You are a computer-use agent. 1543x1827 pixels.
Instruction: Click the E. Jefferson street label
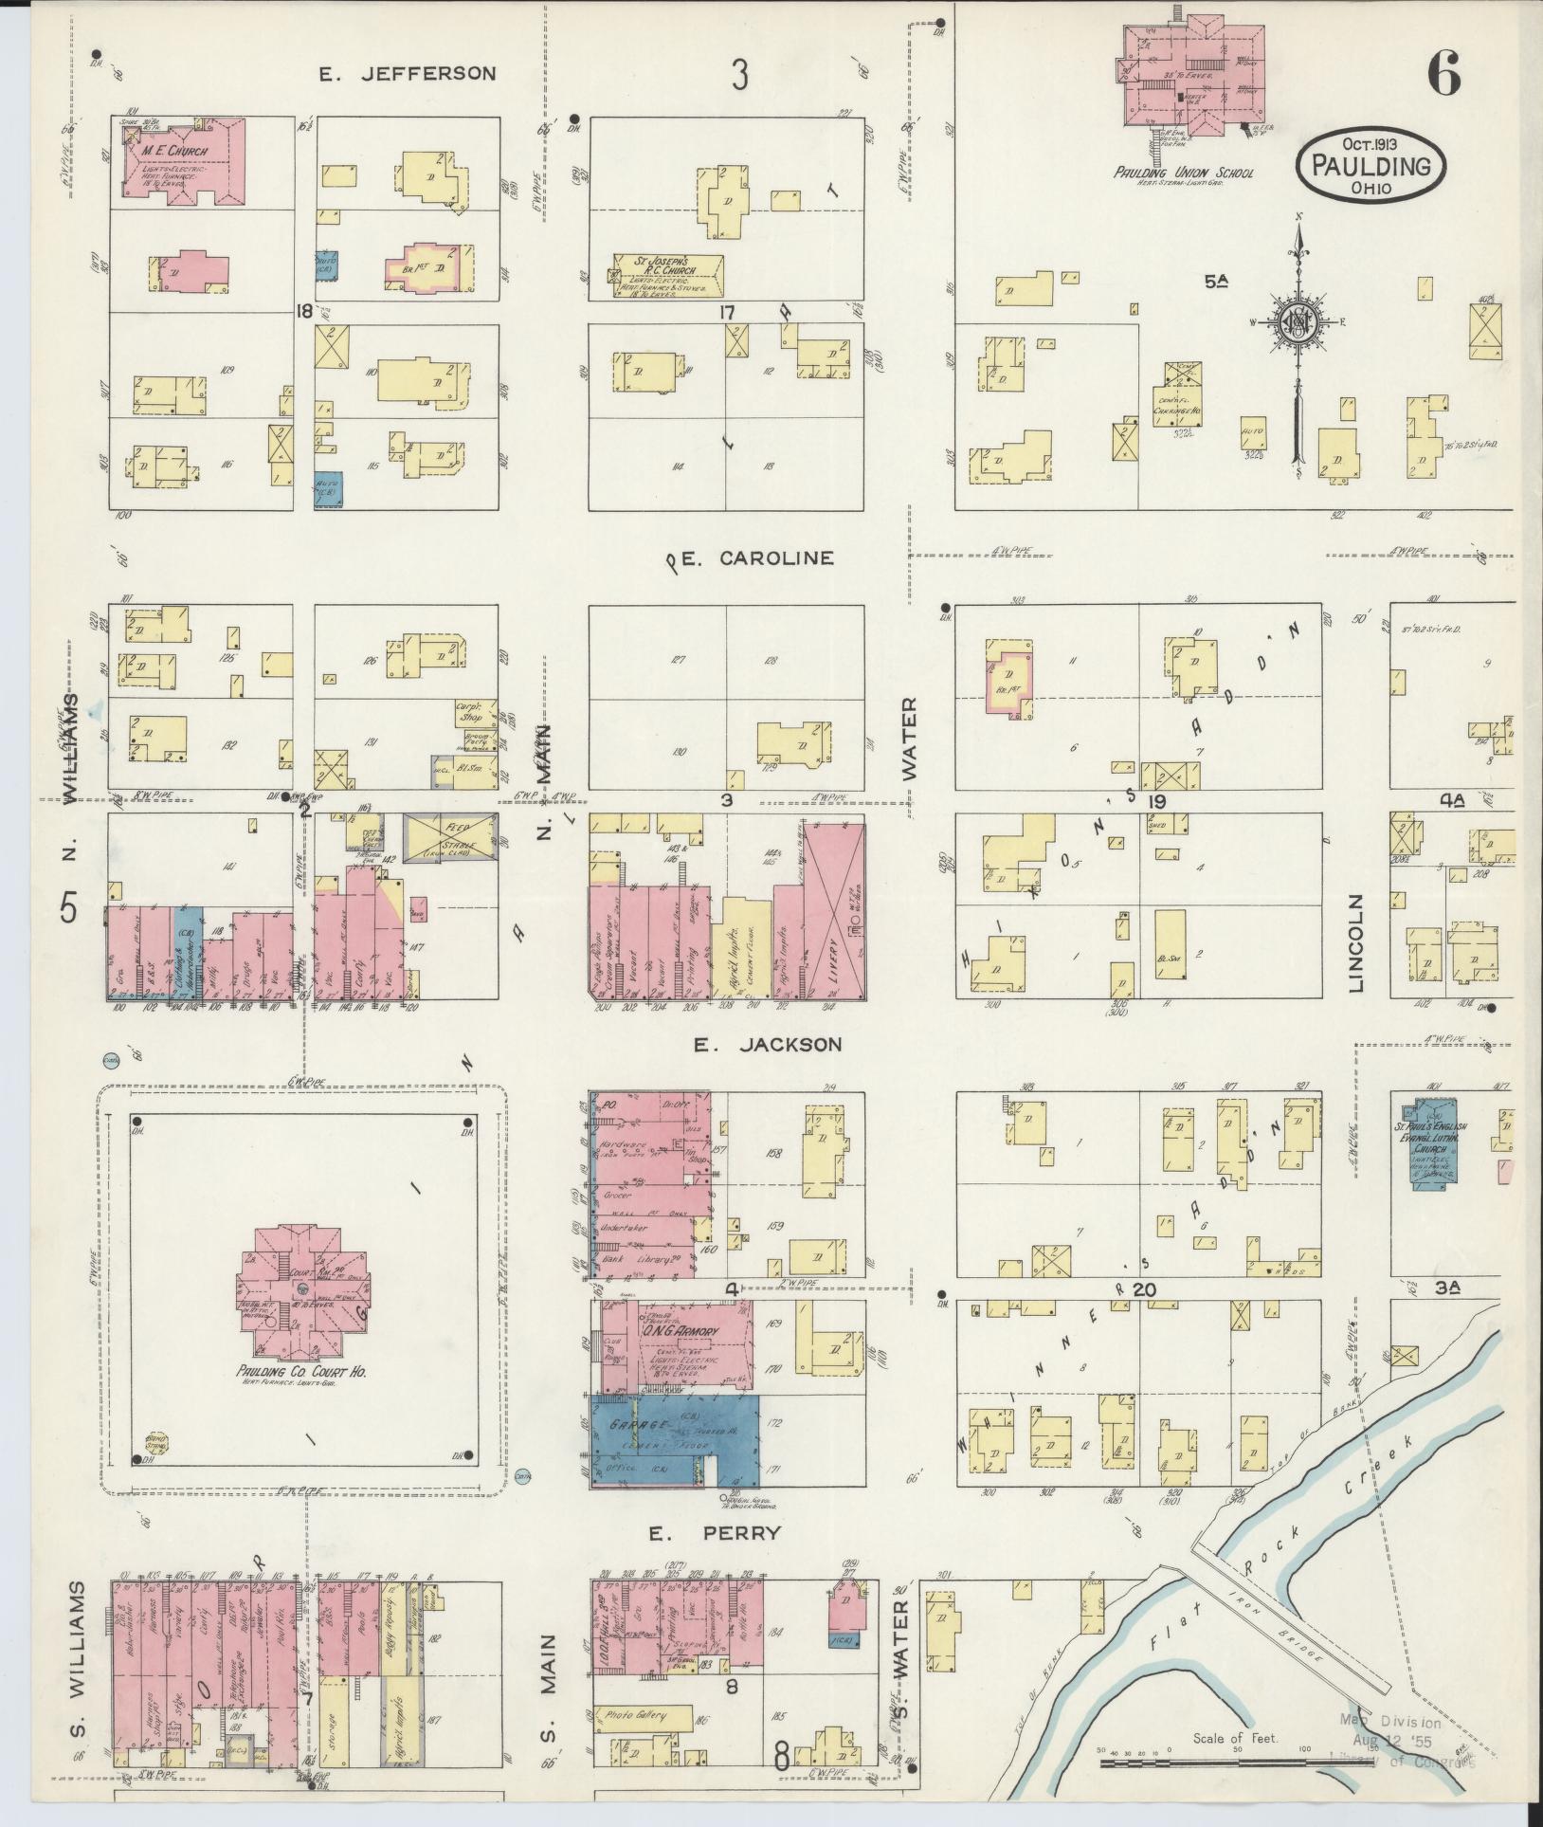tap(407, 73)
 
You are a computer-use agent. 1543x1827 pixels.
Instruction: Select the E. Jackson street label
tap(767, 1044)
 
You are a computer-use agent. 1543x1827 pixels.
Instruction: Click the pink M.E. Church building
tap(185, 158)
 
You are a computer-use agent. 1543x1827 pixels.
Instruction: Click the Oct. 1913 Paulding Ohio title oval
tap(1371, 165)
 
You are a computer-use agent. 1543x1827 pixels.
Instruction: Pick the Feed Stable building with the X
tap(450, 837)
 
